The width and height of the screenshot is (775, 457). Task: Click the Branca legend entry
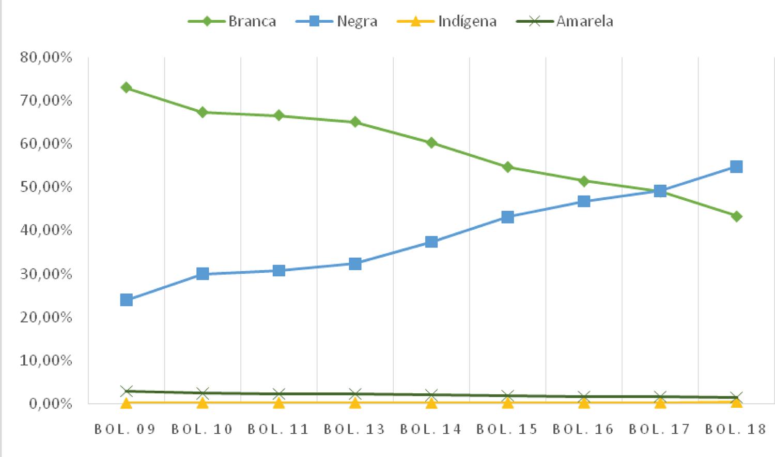coord(232,21)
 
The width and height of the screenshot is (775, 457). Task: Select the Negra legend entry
coord(337,21)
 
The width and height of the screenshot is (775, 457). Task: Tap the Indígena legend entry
coord(447,21)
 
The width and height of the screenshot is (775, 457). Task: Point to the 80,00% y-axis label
coord(46,57)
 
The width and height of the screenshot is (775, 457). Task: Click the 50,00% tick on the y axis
coord(46,187)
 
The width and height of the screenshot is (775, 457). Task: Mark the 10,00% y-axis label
coord(46,360)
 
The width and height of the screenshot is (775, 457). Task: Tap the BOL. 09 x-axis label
coord(126,429)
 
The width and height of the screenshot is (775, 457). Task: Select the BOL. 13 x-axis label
coord(355,429)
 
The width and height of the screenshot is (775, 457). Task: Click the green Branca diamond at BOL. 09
coord(126,87)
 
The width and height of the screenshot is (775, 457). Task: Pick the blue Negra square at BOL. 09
coord(126,300)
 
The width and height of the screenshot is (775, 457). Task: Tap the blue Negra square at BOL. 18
coord(736,167)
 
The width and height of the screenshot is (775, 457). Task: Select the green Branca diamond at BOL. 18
coord(736,216)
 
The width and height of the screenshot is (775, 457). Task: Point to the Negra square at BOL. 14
coord(431,242)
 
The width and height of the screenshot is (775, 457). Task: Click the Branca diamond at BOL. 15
coord(507,167)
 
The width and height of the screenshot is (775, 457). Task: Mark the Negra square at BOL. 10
coord(203,274)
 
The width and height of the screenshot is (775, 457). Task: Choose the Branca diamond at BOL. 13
coord(355,122)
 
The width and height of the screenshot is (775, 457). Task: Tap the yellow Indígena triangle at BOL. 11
coord(279,402)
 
